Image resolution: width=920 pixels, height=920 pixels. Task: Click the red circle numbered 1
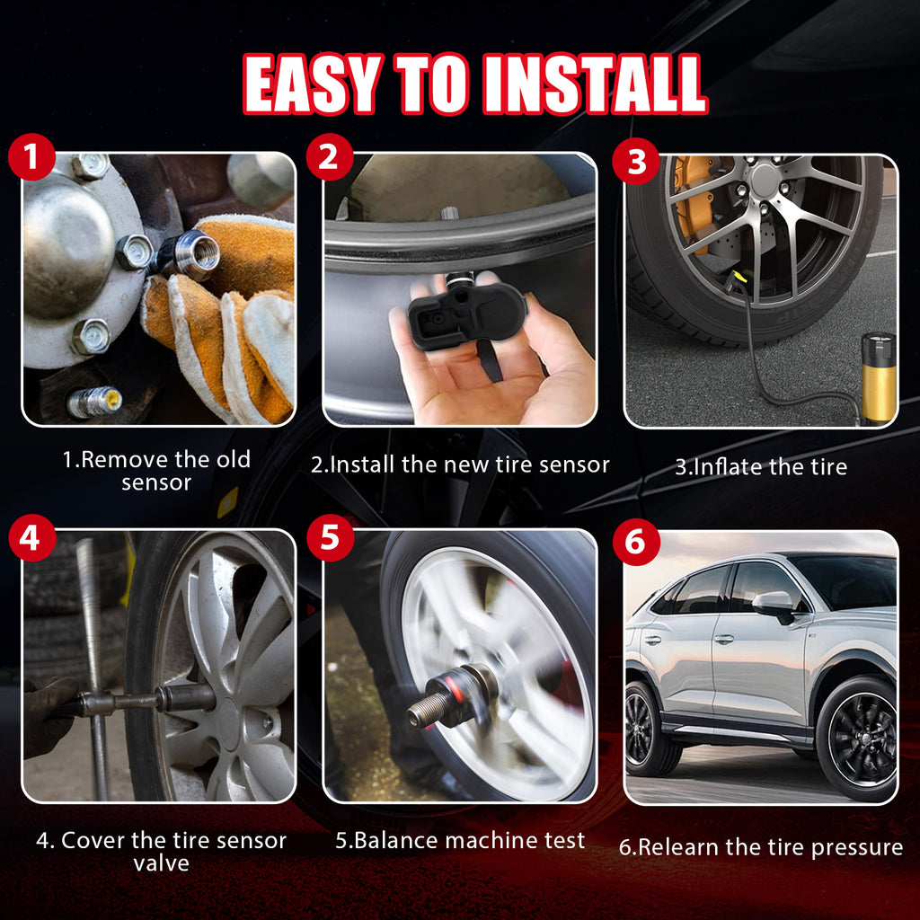pyautogui.click(x=31, y=156)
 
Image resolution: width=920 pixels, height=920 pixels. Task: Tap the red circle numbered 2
pyautogui.click(x=330, y=156)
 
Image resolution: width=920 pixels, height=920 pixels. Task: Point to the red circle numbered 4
pyautogui.click(x=31, y=537)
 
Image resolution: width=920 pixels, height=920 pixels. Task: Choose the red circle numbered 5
pyautogui.click(x=330, y=537)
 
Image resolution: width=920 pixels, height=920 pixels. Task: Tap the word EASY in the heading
pyautogui.click(x=313, y=84)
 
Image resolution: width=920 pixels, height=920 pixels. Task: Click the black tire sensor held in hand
pyautogui.click(x=466, y=310)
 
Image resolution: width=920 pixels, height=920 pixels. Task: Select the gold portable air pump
pyautogui.click(x=879, y=377)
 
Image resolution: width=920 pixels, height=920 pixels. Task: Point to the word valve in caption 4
pyautogui.click(x=162, y=863)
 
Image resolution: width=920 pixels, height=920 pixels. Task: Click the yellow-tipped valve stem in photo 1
pyautogui.click(x=93, y=402)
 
